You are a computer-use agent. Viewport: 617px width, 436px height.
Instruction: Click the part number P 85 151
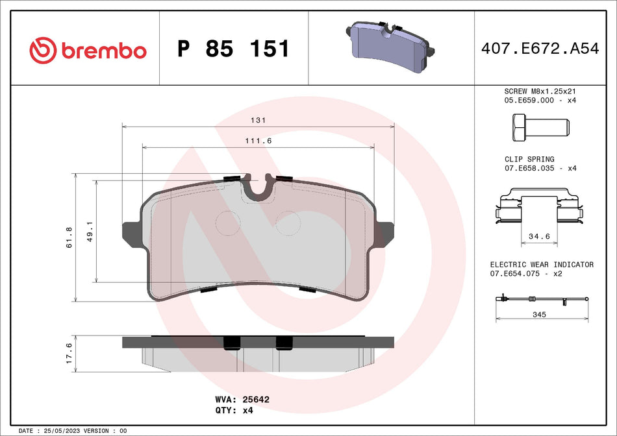[234, 49]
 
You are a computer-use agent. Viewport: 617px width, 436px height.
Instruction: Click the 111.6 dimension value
[258, 141]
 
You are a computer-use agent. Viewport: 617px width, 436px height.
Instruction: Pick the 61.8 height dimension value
[69, 237]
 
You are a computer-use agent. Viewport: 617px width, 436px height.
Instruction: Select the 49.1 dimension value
[90, 232]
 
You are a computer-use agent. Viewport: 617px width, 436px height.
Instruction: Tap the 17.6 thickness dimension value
[69, 354]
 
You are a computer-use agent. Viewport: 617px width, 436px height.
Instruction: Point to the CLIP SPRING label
[529, 159]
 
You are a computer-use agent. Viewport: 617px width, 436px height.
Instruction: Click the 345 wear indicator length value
[538, 315]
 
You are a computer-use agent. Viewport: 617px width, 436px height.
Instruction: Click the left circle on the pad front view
[227, 223]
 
